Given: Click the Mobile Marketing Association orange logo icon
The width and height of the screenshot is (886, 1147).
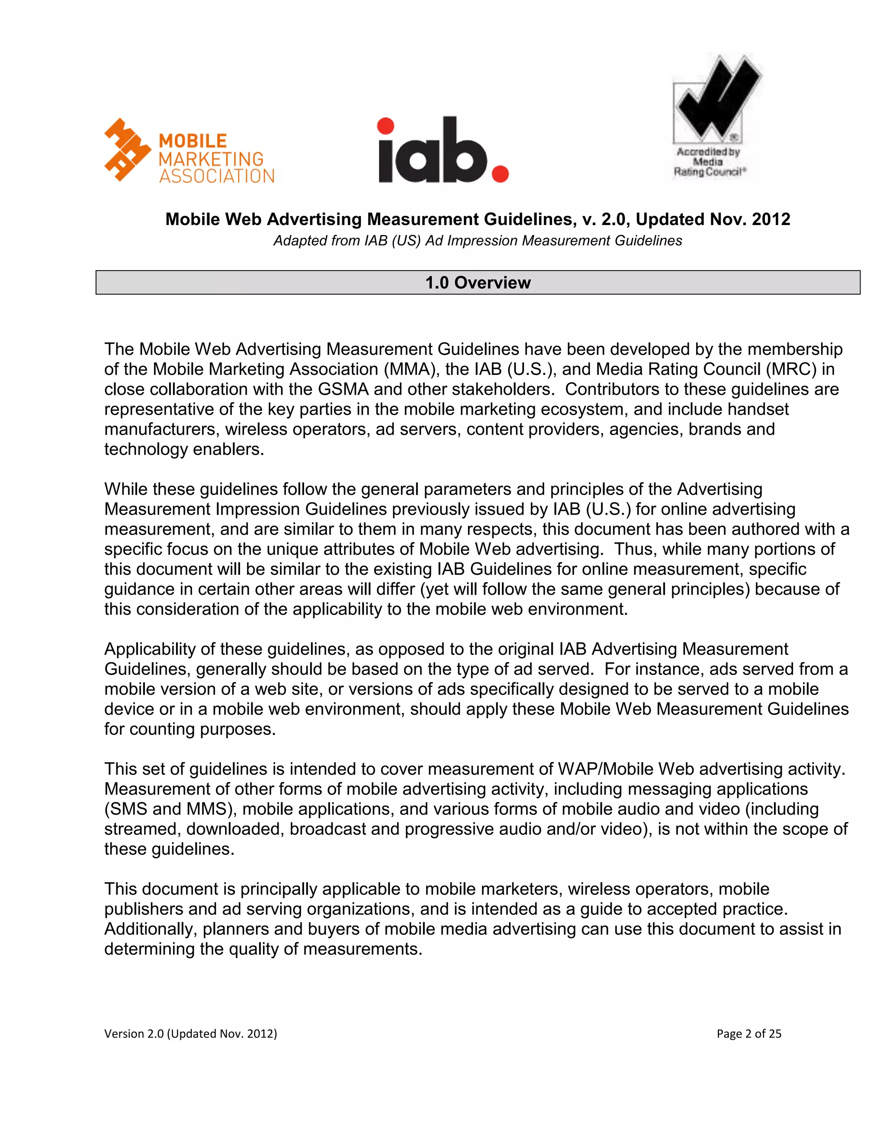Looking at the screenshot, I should click(128, 150).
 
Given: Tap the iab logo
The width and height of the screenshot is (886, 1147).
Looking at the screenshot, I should click(443, 151).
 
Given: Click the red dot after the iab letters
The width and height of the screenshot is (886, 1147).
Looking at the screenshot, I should click(500, 173).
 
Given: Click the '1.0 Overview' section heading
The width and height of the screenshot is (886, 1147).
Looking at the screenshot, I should click(478, 283).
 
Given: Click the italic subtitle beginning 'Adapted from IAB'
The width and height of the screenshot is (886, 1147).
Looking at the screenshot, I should click(478, 241).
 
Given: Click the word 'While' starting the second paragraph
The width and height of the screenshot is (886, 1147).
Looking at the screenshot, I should click(125, 490).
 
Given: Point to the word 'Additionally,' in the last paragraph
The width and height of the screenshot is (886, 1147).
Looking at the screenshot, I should click(151, 929).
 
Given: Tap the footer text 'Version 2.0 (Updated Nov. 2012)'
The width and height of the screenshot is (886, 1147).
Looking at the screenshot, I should click(190, 1034).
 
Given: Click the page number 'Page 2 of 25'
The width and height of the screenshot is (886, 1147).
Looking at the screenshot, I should click(748, 1034).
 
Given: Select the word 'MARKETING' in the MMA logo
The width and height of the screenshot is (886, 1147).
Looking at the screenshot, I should click(211, 159).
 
